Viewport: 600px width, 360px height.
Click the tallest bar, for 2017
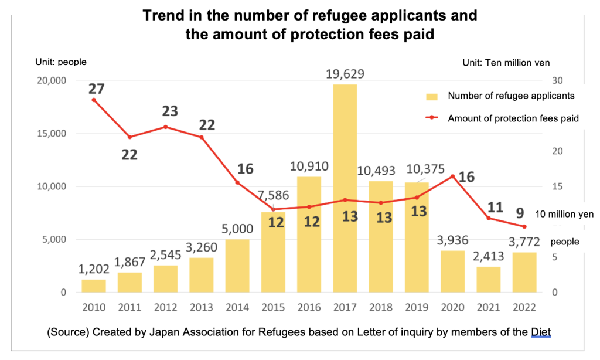[x=345, y=188]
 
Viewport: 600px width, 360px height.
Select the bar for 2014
[x=237, y=266]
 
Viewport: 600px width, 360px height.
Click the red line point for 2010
[x=94, y=100]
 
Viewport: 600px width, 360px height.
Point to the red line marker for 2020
[x=453, y=176]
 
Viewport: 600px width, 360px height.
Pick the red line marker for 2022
[x=525, y=227]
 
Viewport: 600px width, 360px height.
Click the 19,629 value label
[x=345, y=74]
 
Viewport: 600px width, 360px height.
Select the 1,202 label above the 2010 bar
[x=94, y=270]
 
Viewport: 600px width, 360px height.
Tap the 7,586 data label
[x=273, y=195]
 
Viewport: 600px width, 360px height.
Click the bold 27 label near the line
[x=97, y=89]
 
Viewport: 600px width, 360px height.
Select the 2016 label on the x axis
[x=309, y=307]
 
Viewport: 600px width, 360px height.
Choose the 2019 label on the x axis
[x=417, y=307]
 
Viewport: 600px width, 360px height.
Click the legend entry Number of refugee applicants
[x=510, y=96]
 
